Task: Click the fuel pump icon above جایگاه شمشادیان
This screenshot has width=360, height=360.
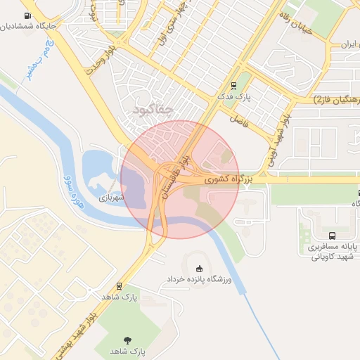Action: [27, 15]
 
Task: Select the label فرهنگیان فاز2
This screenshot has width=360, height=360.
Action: [336, 101]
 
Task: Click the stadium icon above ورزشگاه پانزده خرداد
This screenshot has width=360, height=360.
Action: [198, 269]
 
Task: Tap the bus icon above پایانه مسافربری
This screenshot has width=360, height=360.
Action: [332, 236]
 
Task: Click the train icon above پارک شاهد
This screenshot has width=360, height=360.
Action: [118, 287]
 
